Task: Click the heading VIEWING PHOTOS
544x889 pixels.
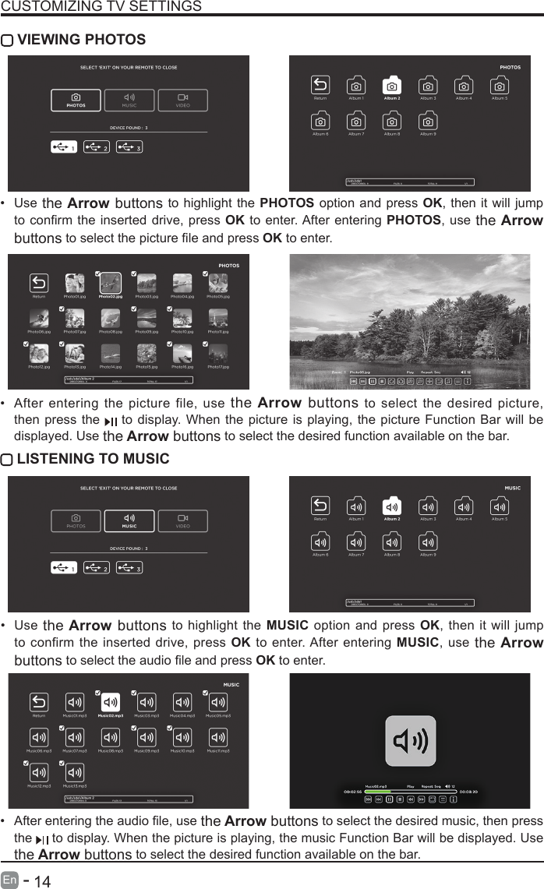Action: pyautogui.click(x=81, y=40)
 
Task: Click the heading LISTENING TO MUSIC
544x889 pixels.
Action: pyautogui.click(x=93, y=458)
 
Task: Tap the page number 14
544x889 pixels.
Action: pyautogui.click(x=42, y=880)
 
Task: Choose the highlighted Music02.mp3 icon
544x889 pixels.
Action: pyautogui.click(x=111, y=702)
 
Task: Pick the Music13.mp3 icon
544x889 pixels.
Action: pyautogui.click(x=75, y=771)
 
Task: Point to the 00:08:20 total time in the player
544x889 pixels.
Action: pyautogui.click(x=469, y=791)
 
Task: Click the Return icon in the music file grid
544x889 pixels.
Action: pyautogui.click(x=39, y=702)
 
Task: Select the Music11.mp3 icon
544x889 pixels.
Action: pyautogui.click(x=218, y=736)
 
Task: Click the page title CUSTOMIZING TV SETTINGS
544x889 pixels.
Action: pyautogui.click(x=101, y=7)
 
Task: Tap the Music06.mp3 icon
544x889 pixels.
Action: pyautogui.click(x=39, y=736)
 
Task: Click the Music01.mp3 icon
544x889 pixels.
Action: pyautogui.click(x=75, y=702)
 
